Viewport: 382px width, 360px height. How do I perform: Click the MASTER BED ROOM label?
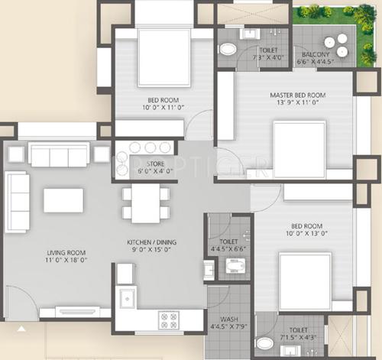tap(297, 96)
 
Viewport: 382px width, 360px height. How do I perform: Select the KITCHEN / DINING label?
tap(151, 242)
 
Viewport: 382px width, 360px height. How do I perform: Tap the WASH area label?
tap(228, 319)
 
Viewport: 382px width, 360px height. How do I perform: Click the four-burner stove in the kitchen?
tap(168, 319)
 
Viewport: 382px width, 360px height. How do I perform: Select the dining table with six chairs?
tap(145, 204)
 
